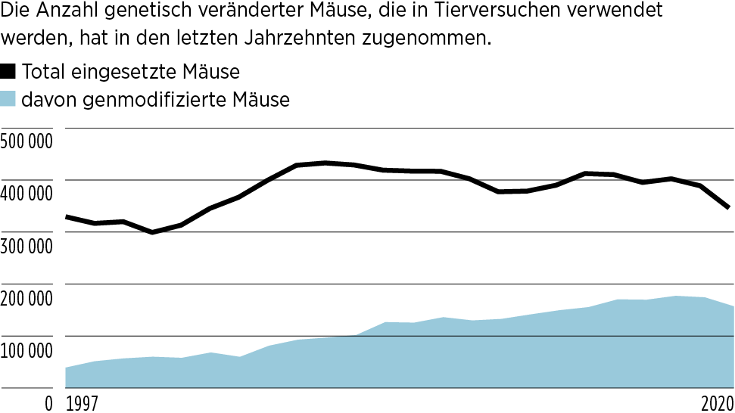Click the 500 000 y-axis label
(26, 141)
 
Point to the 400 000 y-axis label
(26, 194)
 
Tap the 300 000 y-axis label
(26, 246)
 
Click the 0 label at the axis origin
(48, 403)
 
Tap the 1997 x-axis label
(83, 403)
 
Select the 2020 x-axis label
(715, 403)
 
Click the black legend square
(8, 72)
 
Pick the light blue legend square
(8, 98)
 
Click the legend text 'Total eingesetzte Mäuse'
(131, 73)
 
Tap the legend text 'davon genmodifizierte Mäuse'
(156, 99)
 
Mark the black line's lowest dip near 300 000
(153, 232)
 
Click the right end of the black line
(727, 207)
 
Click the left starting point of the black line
(67, 217)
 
